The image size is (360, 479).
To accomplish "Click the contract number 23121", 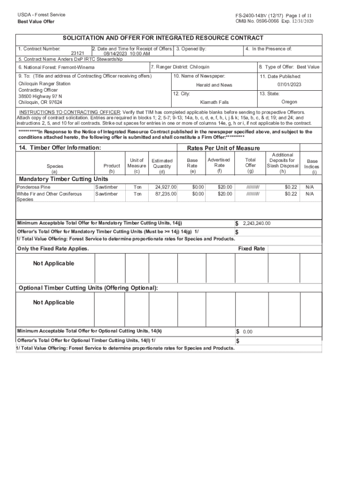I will point(77,54).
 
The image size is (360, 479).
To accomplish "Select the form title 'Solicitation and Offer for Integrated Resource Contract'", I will point(163,38).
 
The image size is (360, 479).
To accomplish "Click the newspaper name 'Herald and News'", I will point(214,85).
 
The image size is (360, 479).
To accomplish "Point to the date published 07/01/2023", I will point(289,85).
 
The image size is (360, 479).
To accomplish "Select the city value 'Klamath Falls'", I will point(214,102).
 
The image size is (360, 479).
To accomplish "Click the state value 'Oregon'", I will point(289,102).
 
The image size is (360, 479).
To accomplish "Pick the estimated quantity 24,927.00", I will point(166,187).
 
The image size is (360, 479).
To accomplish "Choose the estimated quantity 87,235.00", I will point(166,194).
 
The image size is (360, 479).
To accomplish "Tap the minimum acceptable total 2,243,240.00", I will point(256,224).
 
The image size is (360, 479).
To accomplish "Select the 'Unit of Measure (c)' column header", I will point(137,166).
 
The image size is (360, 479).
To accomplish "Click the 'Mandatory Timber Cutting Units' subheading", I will point(63,179).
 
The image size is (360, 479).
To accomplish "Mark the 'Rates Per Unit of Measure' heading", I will point(223,148).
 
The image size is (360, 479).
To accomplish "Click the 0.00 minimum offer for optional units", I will point(247,332).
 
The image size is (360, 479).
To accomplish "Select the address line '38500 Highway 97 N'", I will point(40,96).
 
